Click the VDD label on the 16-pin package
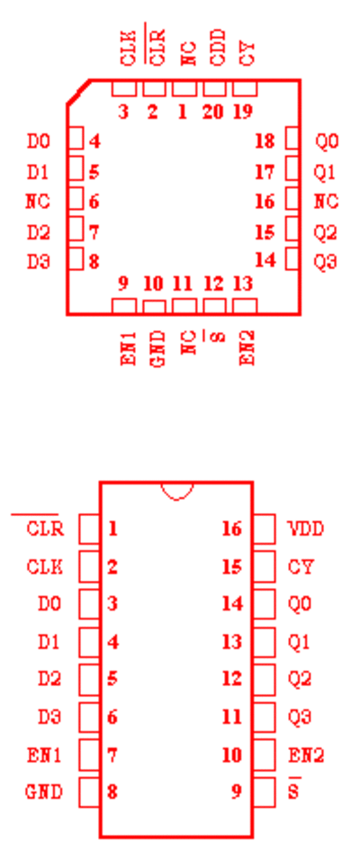306,529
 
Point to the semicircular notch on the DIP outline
176,491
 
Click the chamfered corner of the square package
78,91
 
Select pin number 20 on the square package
212,113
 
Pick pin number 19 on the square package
243,113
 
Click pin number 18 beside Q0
265,141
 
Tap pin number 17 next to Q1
265,172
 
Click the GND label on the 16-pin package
44,792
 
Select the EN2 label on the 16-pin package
306,755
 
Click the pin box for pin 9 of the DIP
264,792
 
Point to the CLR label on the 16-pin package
45,529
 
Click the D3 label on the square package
39,262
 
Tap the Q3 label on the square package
326,262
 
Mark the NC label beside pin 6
38,202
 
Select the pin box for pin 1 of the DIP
89,529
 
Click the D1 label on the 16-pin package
49,642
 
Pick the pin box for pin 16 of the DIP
264,529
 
